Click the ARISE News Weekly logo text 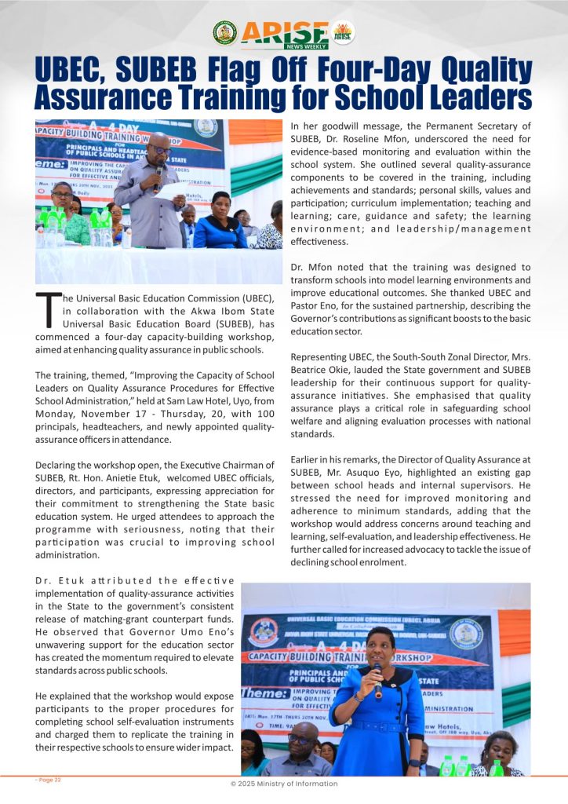click(284, 33)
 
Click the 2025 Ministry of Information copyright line click(283, 784)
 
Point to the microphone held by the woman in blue click(377, 678)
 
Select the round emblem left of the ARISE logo click(224, 32)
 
